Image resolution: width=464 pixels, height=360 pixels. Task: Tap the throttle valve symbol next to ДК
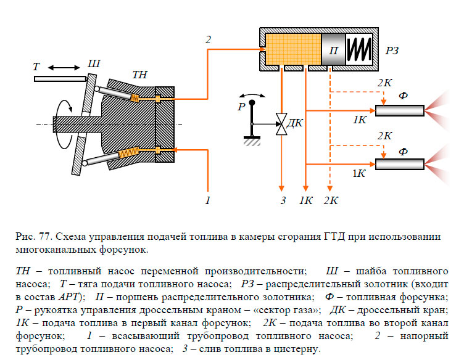[281, 123]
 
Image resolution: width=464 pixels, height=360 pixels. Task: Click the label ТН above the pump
[140, 75]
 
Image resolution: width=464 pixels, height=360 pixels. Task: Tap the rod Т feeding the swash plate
[60, 79]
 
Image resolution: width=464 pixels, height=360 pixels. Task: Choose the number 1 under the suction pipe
[208, 200]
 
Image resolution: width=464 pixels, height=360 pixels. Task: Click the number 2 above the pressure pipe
[208, 40]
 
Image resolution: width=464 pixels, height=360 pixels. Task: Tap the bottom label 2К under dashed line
[331, 200]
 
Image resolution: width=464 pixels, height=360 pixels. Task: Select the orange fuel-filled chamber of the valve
[292, 49]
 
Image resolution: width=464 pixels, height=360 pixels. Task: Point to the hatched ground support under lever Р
[252, 141]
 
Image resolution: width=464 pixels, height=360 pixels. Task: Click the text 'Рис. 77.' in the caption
[29, 237]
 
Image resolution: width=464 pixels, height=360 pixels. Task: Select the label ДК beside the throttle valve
[296, 122]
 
